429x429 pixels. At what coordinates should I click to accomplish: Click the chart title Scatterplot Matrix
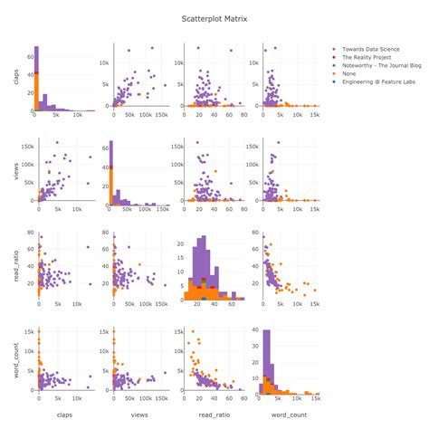(x=214, y=17)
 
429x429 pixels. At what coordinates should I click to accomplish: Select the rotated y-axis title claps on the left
(x=16, y=76)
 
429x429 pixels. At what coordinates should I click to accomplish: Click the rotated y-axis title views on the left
(x=16, y=171)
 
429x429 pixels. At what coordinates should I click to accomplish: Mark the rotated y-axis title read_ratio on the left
(x=16, y=266)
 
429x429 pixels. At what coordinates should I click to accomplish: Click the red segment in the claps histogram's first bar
(x=36, y=74)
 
